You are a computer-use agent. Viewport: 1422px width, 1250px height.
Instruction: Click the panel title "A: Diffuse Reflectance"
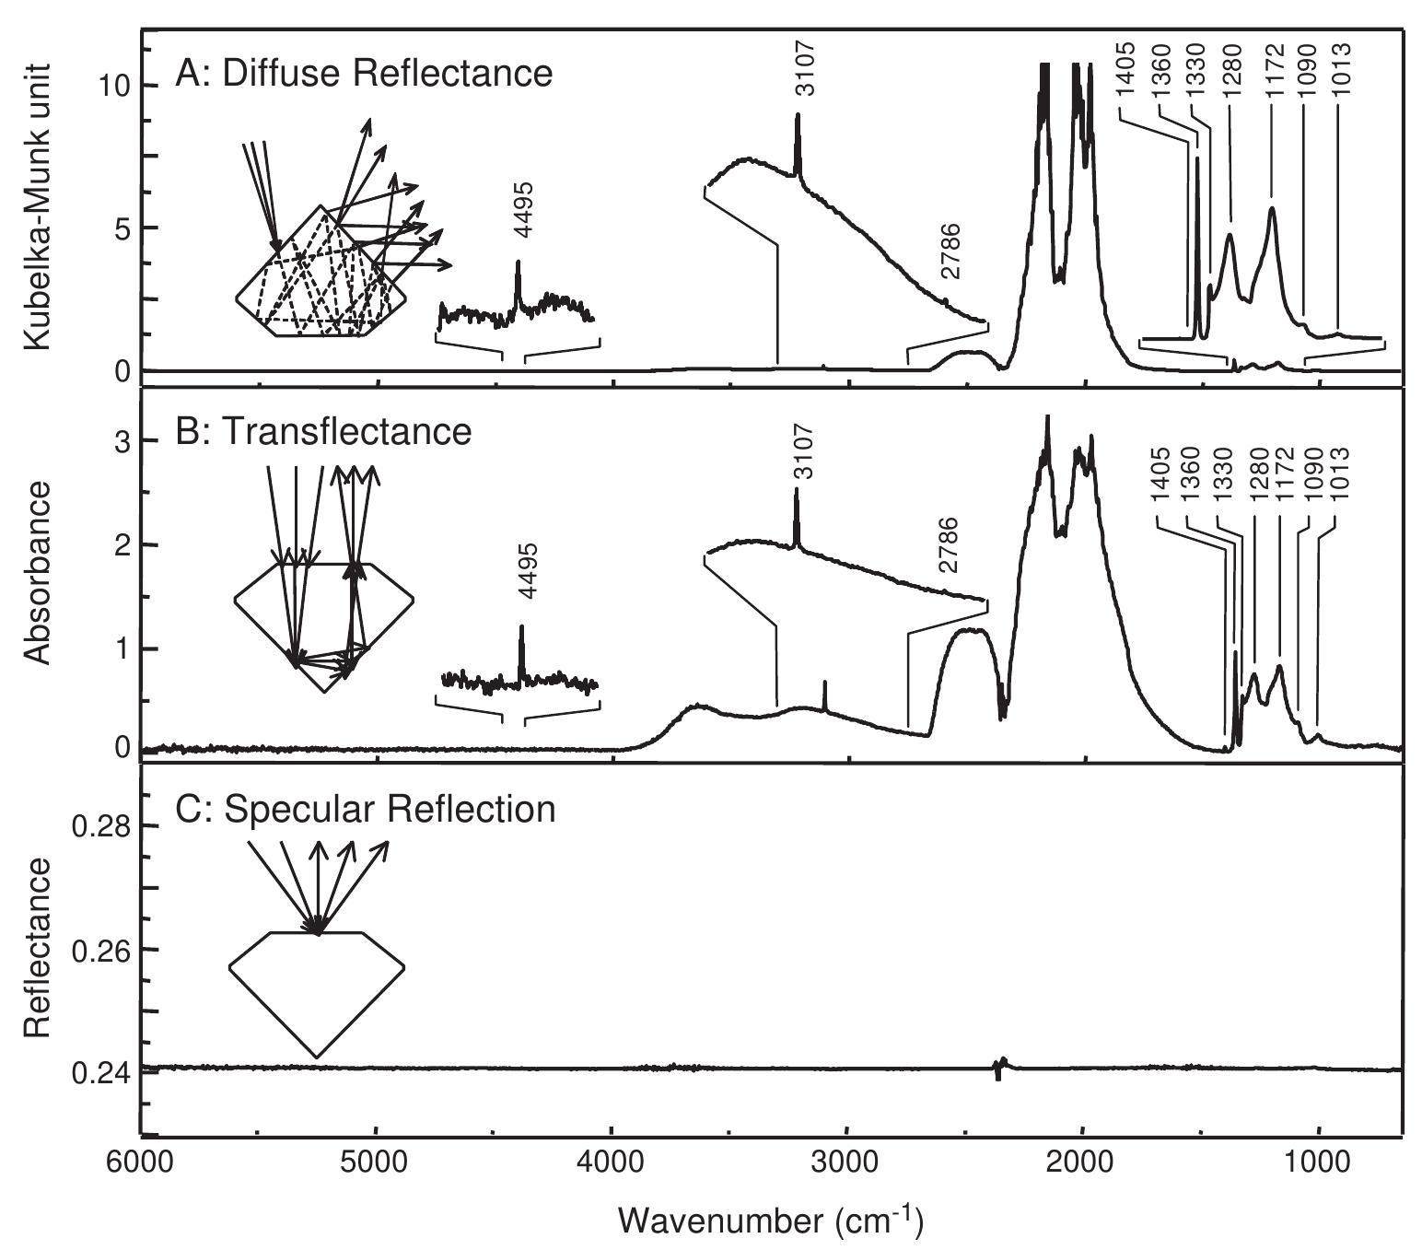(x=364, y=74)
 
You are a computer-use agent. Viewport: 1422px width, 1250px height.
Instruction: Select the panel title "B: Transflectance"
(x=323, y=431)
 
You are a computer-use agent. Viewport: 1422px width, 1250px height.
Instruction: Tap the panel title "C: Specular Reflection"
(x=365, y=809)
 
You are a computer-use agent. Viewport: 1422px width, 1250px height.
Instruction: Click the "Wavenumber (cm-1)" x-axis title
(x=771, y=1221)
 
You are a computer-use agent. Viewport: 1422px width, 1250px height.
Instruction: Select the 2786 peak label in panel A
(x=950, y=251)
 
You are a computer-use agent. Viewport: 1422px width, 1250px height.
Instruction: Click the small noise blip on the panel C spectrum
(x=1000, y=1067)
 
